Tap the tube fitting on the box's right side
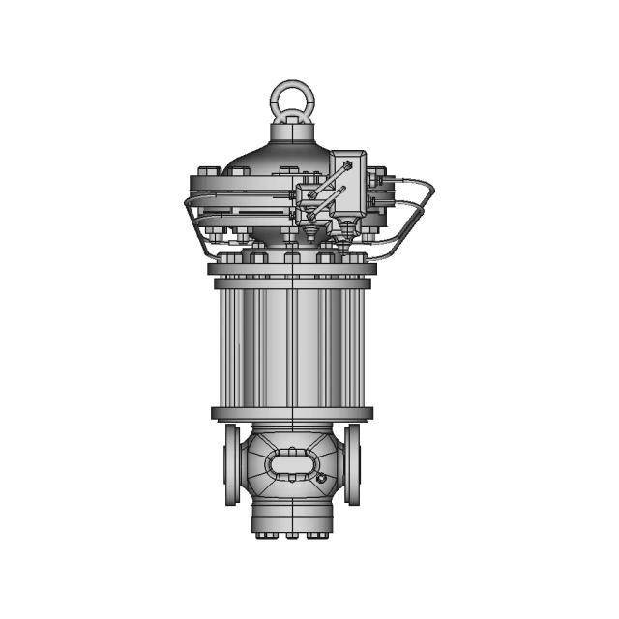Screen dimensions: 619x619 point(377,178)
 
